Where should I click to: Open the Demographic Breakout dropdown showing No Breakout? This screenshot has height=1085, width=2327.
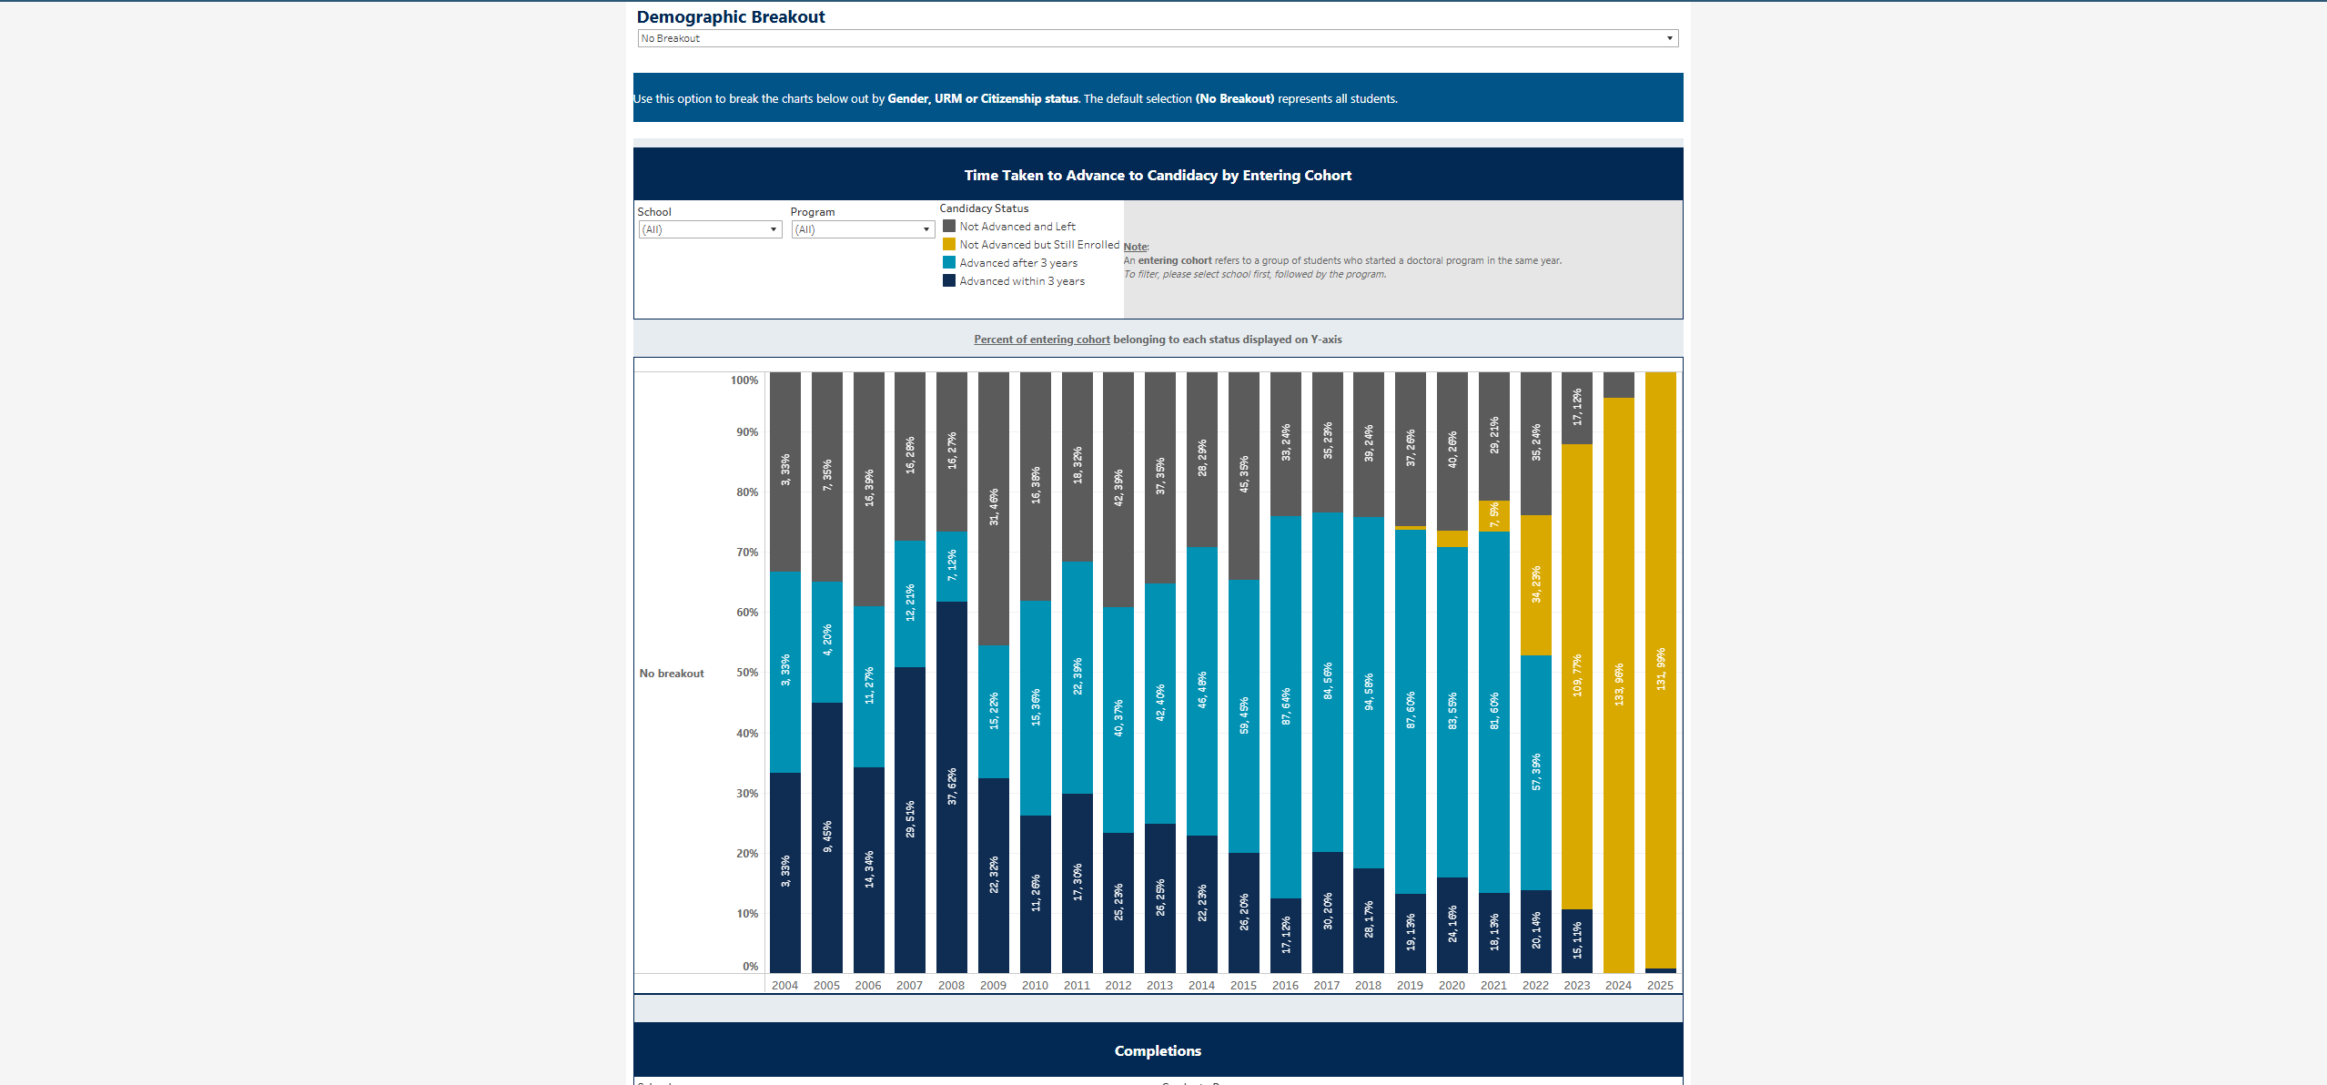click(x=1157, y=38)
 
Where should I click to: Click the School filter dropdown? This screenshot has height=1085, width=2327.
click(x=710, y=229)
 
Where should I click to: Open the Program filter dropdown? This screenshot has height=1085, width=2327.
click(x=863, y=229)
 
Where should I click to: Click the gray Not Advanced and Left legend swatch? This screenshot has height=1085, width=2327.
click(x=949, y=227)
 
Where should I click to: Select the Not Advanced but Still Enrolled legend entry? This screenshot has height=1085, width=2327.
click(x=1038, y=245)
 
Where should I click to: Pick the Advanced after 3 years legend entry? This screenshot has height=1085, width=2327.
click(x=1017, y=263)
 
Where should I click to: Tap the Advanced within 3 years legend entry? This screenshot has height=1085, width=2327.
click(x=1021, y=281)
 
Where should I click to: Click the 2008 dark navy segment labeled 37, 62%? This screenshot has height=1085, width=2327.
click(x=952, y=786)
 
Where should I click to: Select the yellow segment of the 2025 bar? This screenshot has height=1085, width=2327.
click(x=1660, y=669)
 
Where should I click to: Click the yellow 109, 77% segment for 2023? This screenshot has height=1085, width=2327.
click(x=1577, y=675)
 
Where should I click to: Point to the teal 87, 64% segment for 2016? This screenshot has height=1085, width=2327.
click(x=1286, y=706)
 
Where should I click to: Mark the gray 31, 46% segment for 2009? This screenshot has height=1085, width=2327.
click(x=994, y=508)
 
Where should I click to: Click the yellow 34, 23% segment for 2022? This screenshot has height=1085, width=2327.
click(x=1536, y=584)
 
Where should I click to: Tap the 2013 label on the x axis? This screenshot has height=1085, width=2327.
click(x=1159, y=985)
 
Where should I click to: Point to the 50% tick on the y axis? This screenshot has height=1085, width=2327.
click(x=747, y=673)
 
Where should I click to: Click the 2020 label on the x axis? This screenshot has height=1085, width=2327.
click(x=1452, y=985)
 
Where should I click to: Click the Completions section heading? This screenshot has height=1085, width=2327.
click(x=1158, y=1050)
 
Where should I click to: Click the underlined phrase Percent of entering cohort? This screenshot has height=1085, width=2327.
click(x=1041, y=340)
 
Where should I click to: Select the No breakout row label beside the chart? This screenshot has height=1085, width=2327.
click(x=672, y=674)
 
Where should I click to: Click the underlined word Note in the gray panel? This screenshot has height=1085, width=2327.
click(x=1135, y=247)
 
